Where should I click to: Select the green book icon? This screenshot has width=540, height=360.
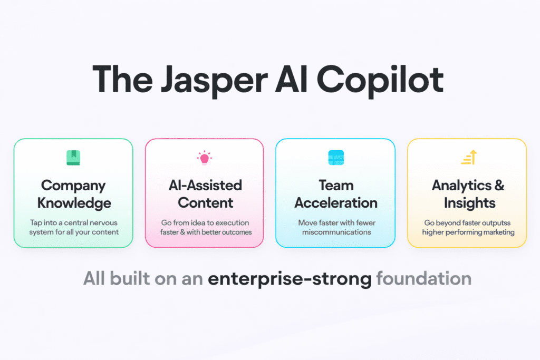point(73,157)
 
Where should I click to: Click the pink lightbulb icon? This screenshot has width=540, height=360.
point(204,157)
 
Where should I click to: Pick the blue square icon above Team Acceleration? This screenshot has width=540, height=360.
point(336,157)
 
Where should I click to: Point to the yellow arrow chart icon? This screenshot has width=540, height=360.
point(468,157)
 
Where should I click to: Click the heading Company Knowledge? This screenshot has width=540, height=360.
point(73,194)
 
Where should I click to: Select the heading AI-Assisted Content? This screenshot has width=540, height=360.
point(205,194)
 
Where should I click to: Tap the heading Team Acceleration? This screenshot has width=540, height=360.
point(336,194)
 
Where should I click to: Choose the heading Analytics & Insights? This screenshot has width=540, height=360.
point(468,194)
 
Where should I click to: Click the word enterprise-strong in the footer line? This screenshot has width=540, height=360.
point(290,279)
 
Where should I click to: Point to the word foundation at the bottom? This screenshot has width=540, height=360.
point(423,279)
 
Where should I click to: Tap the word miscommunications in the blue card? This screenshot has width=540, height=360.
point(335,232)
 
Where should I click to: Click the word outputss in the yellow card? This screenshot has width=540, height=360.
point(495,223)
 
